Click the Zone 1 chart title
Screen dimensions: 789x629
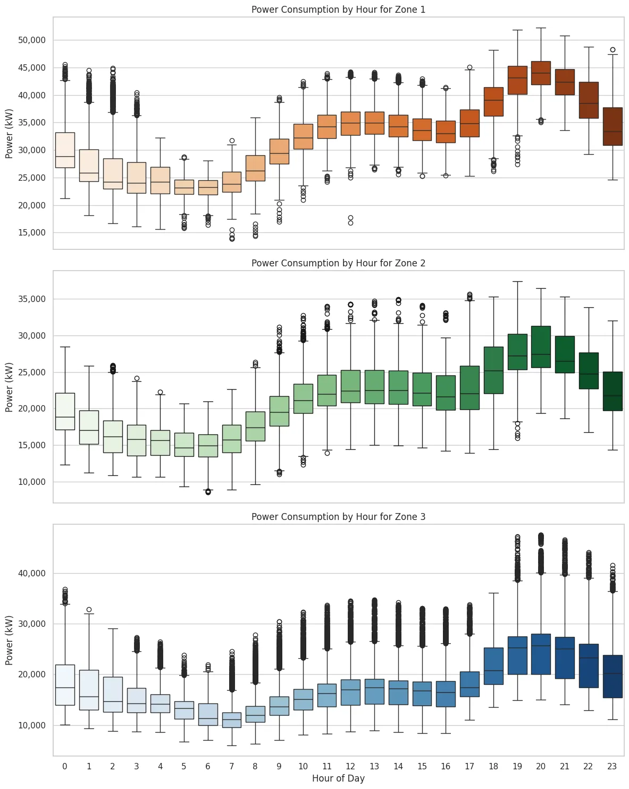(x=338, y=10)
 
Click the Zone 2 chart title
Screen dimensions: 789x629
(x=338, y=263)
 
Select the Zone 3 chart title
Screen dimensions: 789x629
(x=338, y=517)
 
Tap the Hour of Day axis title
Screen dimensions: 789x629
(x=338, y=778)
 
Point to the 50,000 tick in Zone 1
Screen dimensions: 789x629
(x=31, y=40)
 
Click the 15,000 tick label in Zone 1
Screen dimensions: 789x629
(x=31, y=233)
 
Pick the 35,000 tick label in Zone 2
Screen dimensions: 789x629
(x=31, y=299)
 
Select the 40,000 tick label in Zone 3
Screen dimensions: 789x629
(x=31, y=574)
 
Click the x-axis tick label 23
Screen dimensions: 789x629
(x=612, y=766)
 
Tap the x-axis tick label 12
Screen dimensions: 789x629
(x=350, y=766)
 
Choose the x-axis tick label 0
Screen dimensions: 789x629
(x=65, y=766)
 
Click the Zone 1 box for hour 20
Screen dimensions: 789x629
(x=541, y=73)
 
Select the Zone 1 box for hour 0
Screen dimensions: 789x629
(x=65, y=150)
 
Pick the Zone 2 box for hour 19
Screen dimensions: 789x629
(x=517, y=351)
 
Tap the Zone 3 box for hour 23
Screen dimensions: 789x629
(x=613, y=676)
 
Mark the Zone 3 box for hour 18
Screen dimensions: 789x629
(x=493, y=666)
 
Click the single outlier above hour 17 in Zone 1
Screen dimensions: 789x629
(x=469, y=68)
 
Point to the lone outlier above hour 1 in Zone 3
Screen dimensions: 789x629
(x=89, y=609)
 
